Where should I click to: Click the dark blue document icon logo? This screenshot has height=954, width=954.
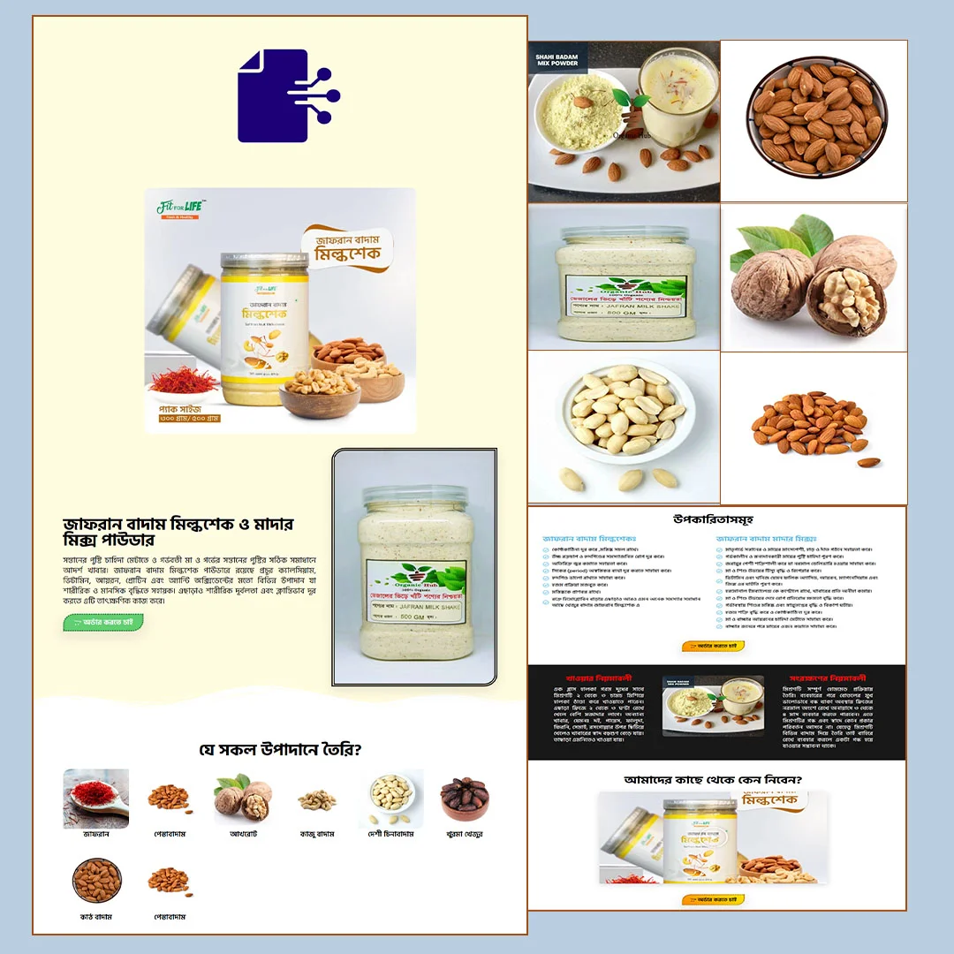(287, 96)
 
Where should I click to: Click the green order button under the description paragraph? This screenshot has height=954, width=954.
(103, 623)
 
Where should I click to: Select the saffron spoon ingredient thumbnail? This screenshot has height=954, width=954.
(95, 798)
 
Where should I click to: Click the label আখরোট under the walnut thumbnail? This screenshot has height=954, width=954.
(243, 834)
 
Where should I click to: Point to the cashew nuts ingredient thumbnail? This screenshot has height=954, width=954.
(316, 799)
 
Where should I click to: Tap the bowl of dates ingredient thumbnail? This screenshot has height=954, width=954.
(465, 798)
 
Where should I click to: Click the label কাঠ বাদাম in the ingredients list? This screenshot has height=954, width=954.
(96, 917)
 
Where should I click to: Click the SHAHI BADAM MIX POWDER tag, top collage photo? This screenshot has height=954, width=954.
(556, 60)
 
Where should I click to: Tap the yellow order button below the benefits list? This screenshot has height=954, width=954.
(715, 646)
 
